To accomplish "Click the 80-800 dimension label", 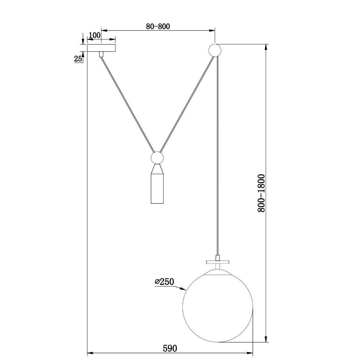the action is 158,26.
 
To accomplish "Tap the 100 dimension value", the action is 95,35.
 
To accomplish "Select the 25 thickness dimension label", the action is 78,59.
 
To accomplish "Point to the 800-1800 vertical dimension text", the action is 261,193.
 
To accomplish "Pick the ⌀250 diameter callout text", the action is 164,287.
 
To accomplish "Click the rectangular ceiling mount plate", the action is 101,48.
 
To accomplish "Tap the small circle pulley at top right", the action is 215,50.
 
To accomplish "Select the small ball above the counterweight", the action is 157,158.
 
